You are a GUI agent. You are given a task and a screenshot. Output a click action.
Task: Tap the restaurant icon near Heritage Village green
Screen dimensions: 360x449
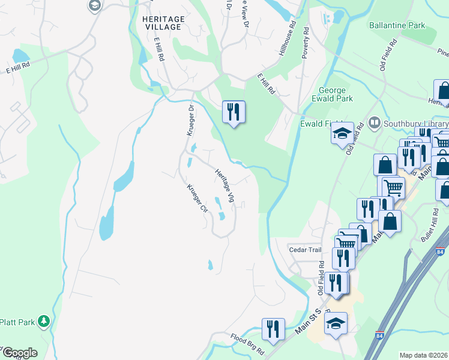(234, 112)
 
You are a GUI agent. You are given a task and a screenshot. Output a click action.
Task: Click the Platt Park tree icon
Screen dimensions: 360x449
(43, 322)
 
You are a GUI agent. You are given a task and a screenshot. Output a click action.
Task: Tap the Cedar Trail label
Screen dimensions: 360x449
(306, 250)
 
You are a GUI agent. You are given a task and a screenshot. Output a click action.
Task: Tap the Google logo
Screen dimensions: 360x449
(20, 353)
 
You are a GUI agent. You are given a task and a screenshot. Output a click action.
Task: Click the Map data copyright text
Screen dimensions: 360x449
(424, 355)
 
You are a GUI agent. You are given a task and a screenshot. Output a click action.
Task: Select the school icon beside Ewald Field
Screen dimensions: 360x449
(342, 132)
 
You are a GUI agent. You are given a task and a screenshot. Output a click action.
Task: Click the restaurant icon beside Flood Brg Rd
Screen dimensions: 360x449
(273, 329)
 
